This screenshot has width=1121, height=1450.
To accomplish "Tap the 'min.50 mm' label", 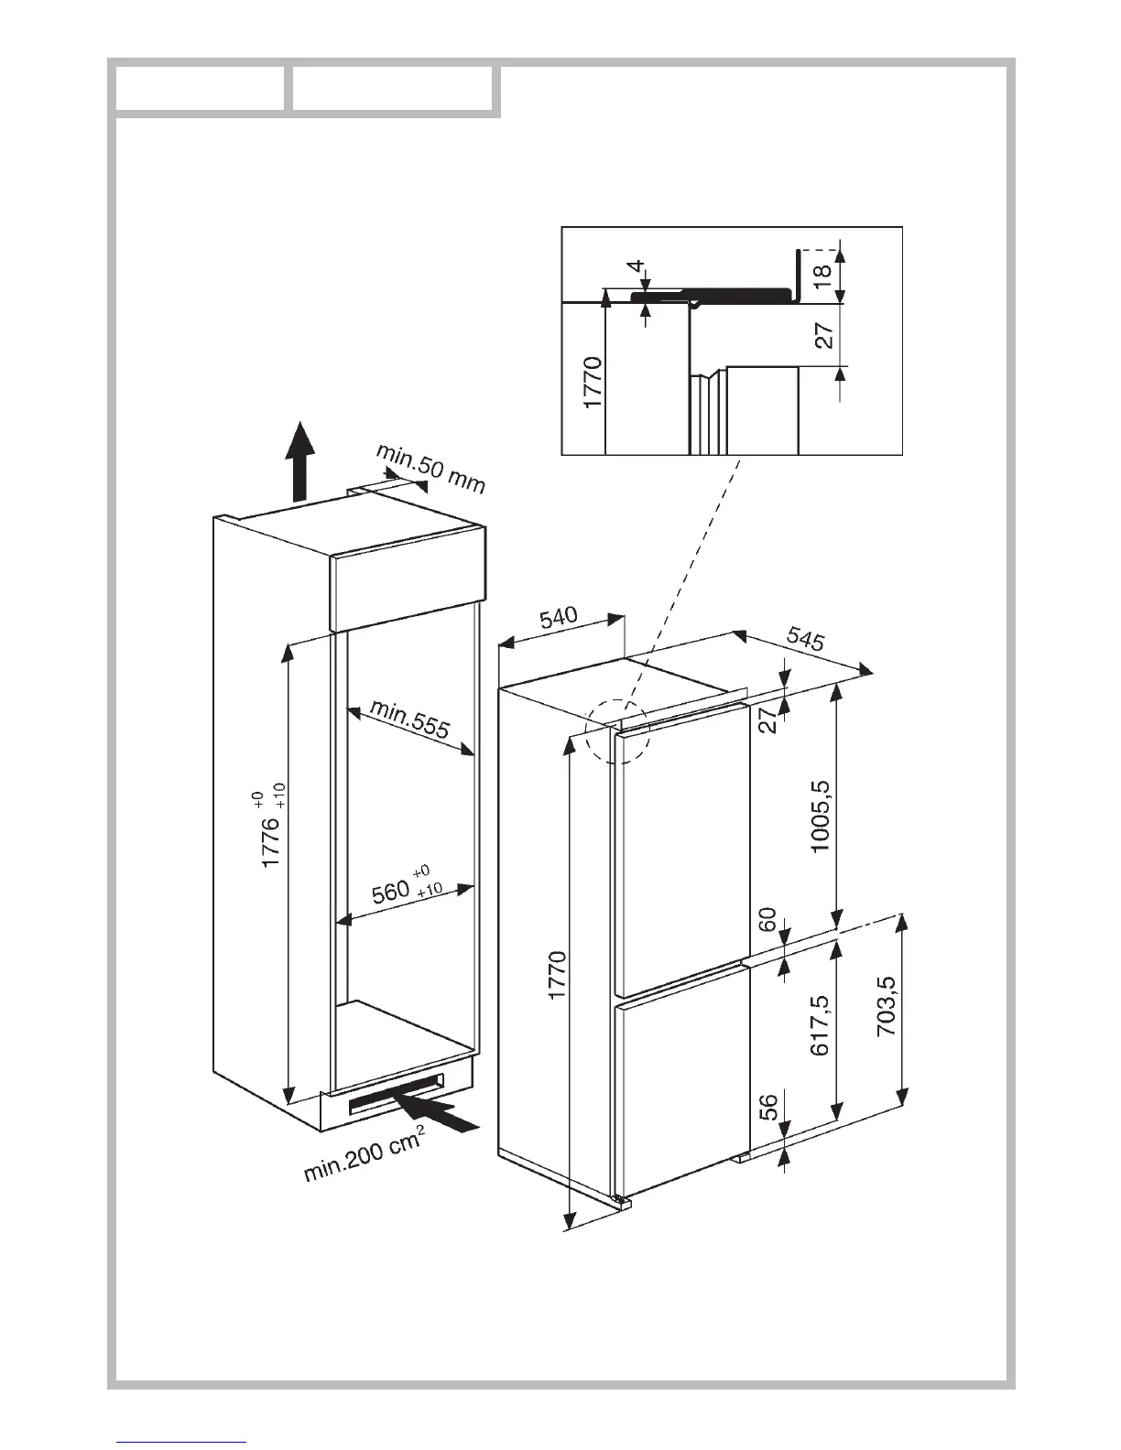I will click(x=430, y=469).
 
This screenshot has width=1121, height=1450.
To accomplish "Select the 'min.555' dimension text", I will click(x=410, y=719).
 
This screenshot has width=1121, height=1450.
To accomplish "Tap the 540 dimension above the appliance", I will click(x=558, y=618).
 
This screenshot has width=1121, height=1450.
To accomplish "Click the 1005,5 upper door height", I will click(x=820, y=815).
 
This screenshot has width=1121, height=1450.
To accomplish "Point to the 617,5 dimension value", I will click(x=820, y=1025).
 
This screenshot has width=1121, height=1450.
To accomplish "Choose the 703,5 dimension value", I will click(x=887, y=1006).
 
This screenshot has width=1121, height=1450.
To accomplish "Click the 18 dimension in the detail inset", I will click(x=822, y=272).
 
